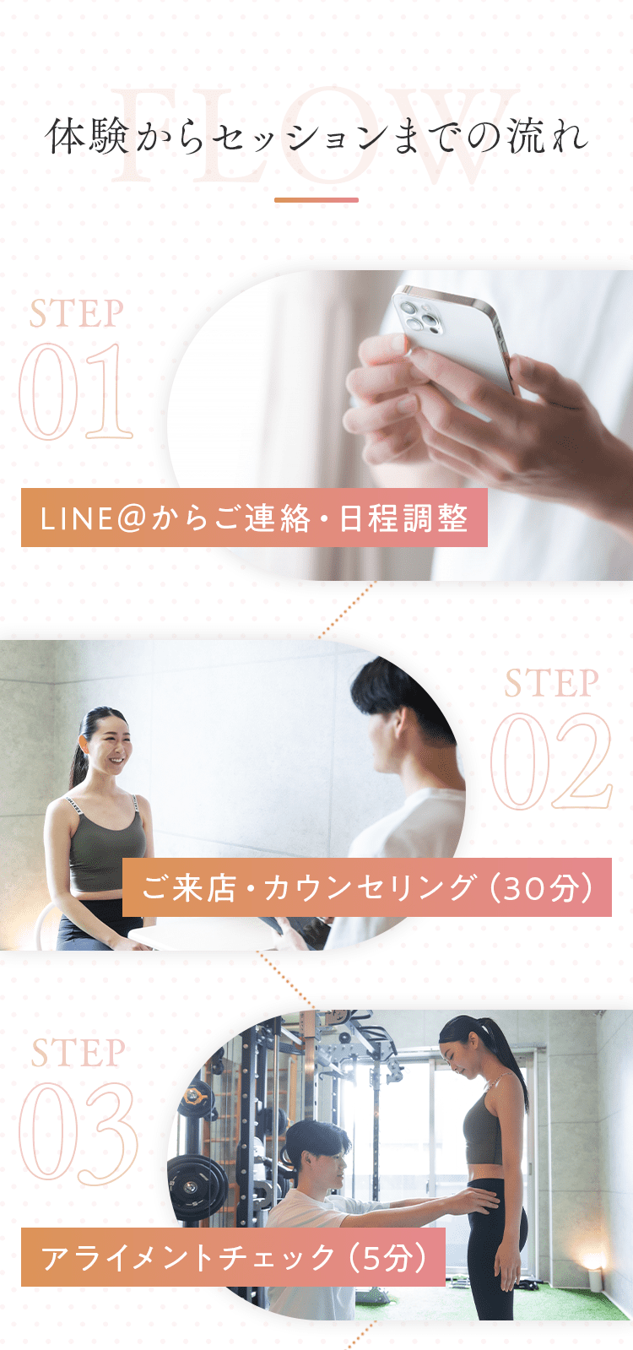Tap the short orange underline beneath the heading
pos(316,200)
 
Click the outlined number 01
pos(76,392)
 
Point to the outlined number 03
pos(78,1132)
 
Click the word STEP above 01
pos(77,314)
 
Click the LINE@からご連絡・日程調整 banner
pos(254,518)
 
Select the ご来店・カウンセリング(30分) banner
pos(367,887)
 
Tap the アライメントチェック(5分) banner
pos(233,1257)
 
